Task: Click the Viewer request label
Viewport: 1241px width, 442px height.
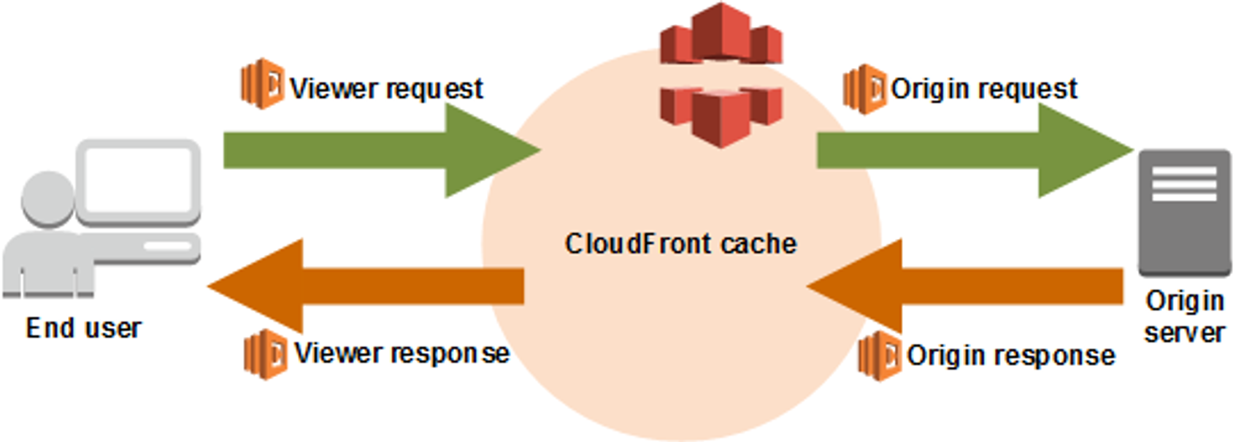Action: coord(386,89)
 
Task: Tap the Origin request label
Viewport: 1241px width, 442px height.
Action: coord(984,89)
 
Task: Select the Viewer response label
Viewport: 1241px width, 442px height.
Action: coord(401,354)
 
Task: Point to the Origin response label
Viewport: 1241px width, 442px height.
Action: coord(1010,356)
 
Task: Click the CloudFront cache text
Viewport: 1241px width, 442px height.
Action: coord(680,244)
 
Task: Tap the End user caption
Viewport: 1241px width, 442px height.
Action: coord(83,328)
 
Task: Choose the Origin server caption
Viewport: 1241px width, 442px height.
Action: coord(1184,316)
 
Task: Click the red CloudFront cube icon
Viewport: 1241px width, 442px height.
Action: coord(721,75)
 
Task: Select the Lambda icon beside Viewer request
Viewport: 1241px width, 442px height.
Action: coord(262,84)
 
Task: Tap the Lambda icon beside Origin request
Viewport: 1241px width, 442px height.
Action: coord(864,88)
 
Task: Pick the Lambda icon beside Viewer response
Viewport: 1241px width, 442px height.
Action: coord(265,354)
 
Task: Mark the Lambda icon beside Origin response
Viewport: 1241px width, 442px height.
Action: coord(880,356)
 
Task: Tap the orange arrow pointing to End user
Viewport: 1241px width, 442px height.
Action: coord(365,286)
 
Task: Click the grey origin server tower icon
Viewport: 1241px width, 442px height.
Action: coord(1184,212)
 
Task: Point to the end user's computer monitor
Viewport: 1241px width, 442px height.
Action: coord(139,179)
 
